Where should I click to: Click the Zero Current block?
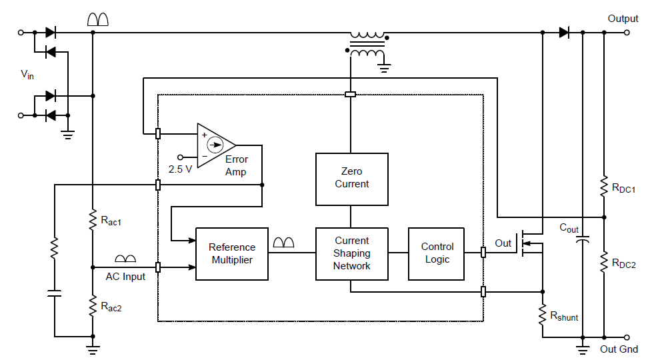pos(351,178)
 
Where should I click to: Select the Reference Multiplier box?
pos(232,253)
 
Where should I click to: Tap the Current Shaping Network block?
pos(351,253)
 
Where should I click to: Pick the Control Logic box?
pos(437,253)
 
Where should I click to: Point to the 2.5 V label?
pos(180,169)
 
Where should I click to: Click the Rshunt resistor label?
pos(564,317)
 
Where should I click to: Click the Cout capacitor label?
pos(569,228)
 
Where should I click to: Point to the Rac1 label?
pos(111,220)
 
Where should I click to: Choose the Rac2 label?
pos(111,307)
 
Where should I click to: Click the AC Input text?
pos(125,276)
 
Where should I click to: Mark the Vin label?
pos(27,75)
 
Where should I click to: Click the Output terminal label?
pos(623,19)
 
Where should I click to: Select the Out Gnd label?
pos(619,349)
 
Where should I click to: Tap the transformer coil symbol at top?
pos(367,44)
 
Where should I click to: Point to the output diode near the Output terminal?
pos(564,31)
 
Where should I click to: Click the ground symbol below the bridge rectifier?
pos(67,135)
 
